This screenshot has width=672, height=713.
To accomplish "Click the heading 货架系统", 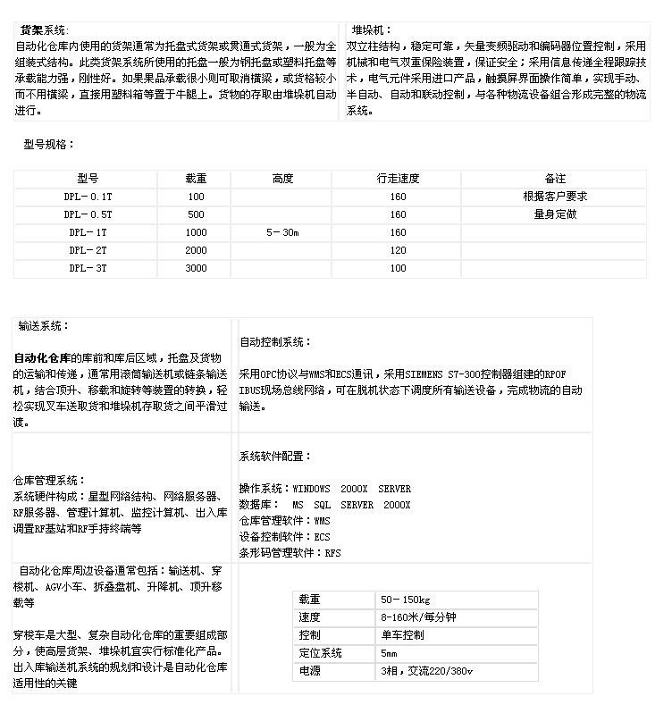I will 44,30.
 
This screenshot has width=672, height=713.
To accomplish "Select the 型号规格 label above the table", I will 49,145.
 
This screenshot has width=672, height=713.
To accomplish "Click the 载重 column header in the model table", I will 195,179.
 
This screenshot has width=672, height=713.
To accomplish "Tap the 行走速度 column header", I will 398,179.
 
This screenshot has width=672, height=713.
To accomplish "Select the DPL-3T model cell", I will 88,268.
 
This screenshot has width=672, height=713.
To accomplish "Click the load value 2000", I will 196,250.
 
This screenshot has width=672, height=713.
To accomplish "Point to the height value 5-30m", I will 282,232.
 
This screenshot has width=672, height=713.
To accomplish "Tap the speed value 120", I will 398,250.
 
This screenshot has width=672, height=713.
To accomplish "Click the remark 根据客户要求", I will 555,197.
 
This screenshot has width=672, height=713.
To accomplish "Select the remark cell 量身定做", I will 555,214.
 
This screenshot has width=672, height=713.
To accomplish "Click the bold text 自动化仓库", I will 42,358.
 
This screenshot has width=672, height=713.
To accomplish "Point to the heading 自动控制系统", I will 275,342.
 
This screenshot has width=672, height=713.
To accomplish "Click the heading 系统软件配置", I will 275,457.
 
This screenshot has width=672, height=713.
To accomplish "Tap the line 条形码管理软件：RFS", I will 290,553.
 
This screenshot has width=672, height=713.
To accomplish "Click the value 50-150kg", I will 406,600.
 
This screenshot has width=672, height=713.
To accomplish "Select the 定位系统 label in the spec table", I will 320,653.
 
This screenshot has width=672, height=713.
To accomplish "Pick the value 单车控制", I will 402,635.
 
